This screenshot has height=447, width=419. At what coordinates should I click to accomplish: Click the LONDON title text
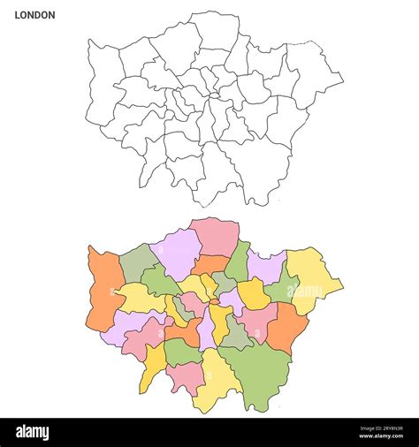tap(34, 15)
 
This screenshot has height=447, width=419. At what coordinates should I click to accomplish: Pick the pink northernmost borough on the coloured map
tap(215, 236)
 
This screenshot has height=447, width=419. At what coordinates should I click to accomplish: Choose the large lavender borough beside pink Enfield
tap(176, 249)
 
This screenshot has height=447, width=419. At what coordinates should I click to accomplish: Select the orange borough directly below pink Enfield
tap(209, 264)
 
